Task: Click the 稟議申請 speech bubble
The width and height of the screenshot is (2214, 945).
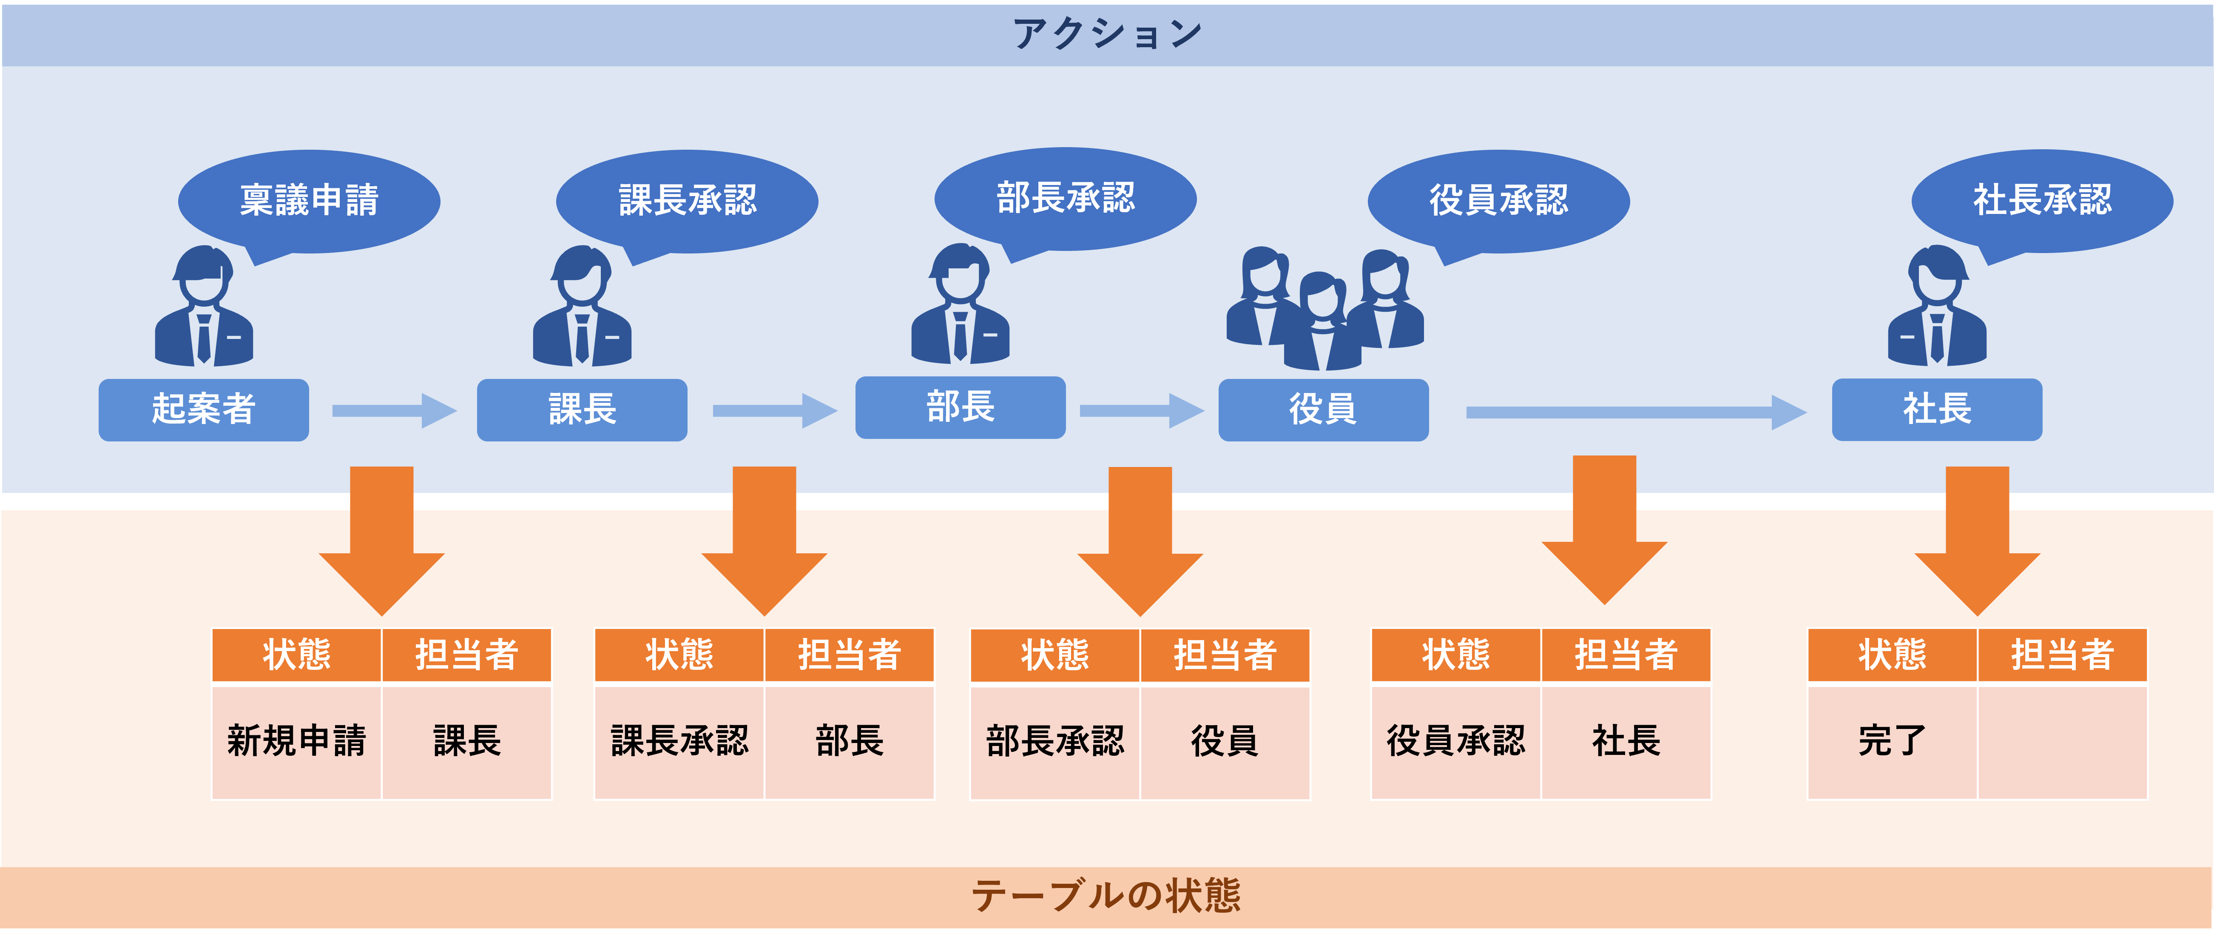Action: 310,200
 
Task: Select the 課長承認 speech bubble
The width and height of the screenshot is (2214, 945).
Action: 688,200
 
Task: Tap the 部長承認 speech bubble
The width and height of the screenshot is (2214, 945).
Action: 1066,198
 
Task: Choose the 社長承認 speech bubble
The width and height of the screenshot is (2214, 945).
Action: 2042,200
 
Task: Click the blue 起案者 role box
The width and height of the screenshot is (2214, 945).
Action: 204,409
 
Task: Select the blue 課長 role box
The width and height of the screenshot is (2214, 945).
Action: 582,409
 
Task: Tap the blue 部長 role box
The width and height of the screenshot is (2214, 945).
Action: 960,407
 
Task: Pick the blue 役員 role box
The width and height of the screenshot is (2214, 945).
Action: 1324,409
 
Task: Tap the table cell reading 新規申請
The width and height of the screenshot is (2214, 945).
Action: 296,741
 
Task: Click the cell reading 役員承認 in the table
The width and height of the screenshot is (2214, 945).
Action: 1456,741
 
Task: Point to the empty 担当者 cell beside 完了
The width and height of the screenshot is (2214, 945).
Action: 2062,741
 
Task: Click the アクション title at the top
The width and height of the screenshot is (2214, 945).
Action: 1107,34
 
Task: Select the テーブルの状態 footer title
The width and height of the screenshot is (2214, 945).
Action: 1107,896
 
